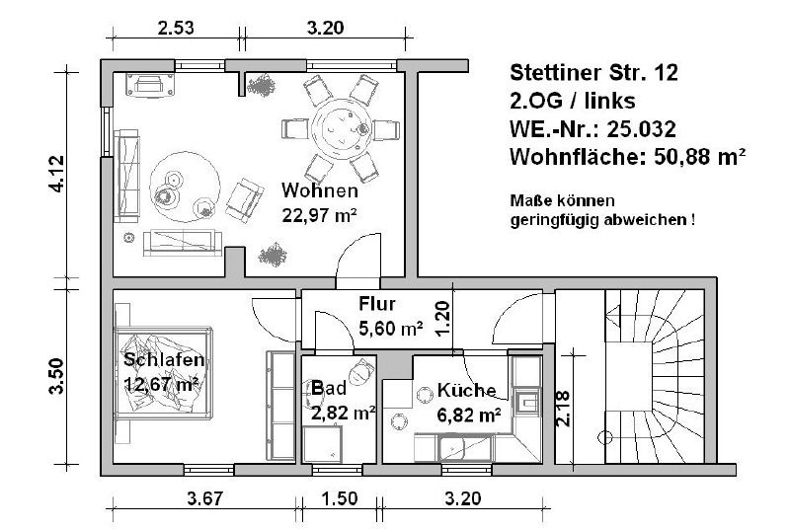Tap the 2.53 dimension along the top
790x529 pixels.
pos(177,28)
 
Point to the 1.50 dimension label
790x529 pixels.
pos(339,498)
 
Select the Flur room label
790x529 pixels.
pos(377,303)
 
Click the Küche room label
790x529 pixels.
pos(466,390)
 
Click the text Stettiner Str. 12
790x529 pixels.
pos(593,72)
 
